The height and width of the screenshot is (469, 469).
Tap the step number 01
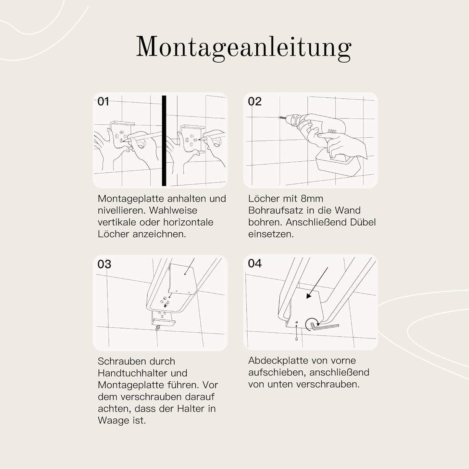(103, 102)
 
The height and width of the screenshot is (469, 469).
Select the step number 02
(254, 102)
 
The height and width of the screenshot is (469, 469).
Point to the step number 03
(104, 264)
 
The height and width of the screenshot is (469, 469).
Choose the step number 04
(254, 263)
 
